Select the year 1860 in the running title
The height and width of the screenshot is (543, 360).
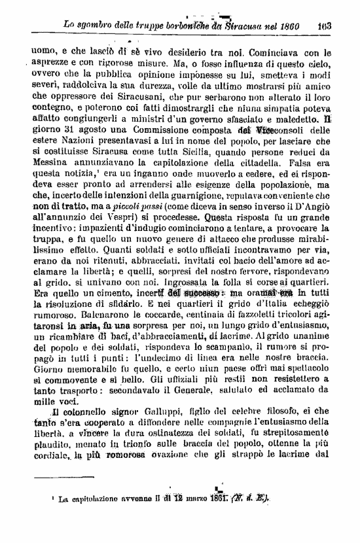(x=288, y=27)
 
